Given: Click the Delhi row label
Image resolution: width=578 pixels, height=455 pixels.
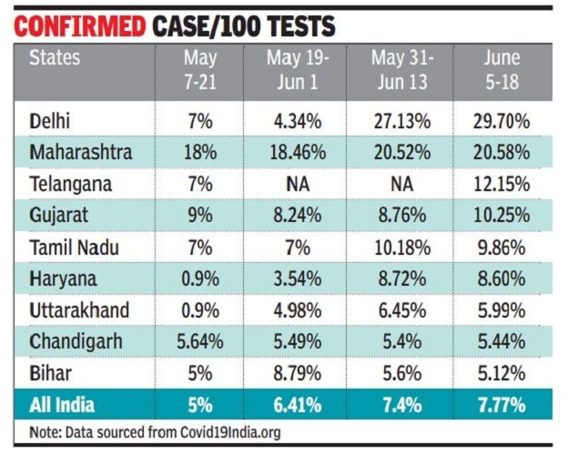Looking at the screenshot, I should (x=51, y=120).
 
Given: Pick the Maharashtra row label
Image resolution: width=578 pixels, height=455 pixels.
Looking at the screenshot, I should (x=80, y=152).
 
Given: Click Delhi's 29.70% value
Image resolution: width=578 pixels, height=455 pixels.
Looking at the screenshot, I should (x=502, y=121).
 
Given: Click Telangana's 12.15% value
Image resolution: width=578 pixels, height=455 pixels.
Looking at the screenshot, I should (x=502, y=185).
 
